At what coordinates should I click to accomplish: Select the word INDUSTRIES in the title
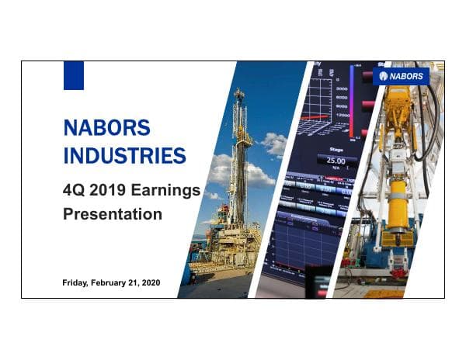point(124,154)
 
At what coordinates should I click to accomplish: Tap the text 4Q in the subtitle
point(74,189)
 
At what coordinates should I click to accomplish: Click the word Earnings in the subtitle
point(169,189)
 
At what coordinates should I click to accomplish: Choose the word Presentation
point(112,213)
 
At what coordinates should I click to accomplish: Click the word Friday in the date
point(77,283)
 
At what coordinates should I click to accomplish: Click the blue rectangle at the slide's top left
point(73,74)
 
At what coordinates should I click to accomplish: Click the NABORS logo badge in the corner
point(401,76)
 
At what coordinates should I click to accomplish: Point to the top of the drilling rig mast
point(239,94)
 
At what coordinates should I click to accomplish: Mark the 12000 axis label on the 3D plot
point(342,116)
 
